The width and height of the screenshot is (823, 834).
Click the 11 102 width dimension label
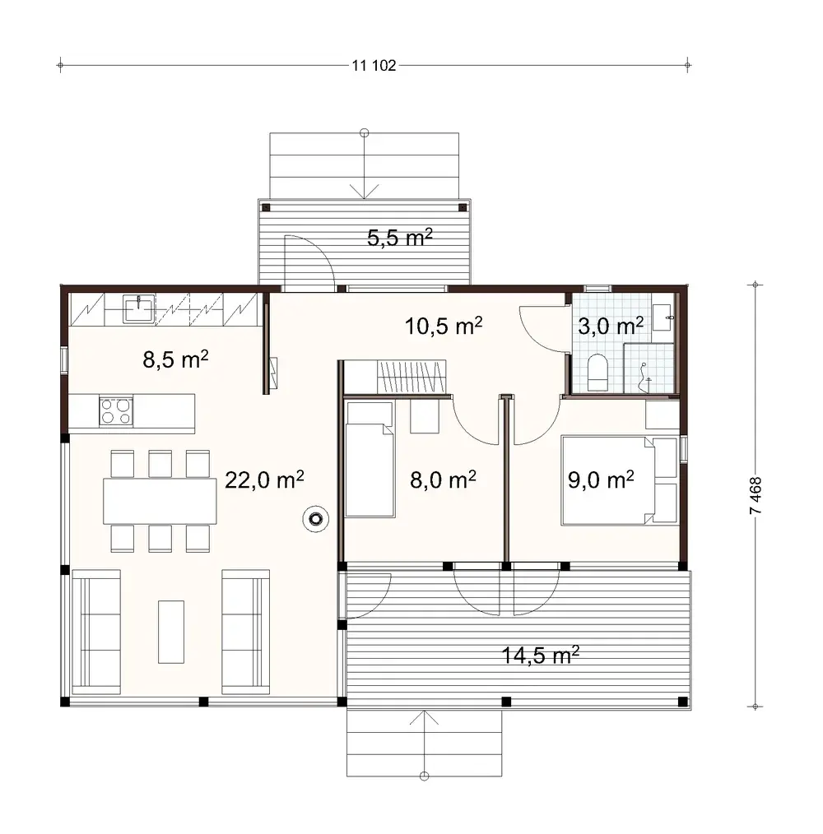[x=374, y=67]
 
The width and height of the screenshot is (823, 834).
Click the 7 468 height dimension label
[x=756, y=496]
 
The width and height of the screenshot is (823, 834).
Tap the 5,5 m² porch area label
[x=399, y=239]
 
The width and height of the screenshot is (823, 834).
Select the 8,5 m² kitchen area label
[x=175, y=359]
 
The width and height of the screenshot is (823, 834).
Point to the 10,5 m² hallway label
[x=444, y=326]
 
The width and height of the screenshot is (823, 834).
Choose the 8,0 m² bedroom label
[x=444, y=480]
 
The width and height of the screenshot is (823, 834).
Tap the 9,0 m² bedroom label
[x=601, y=480]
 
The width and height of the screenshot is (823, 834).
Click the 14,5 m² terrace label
[x=542, y=656]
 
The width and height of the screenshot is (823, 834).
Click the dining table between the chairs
[x=160, y=501]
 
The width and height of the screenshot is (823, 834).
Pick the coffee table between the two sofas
[x=171, y=631]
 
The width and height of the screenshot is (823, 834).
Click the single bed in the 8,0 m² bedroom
[x=370, y=469]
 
